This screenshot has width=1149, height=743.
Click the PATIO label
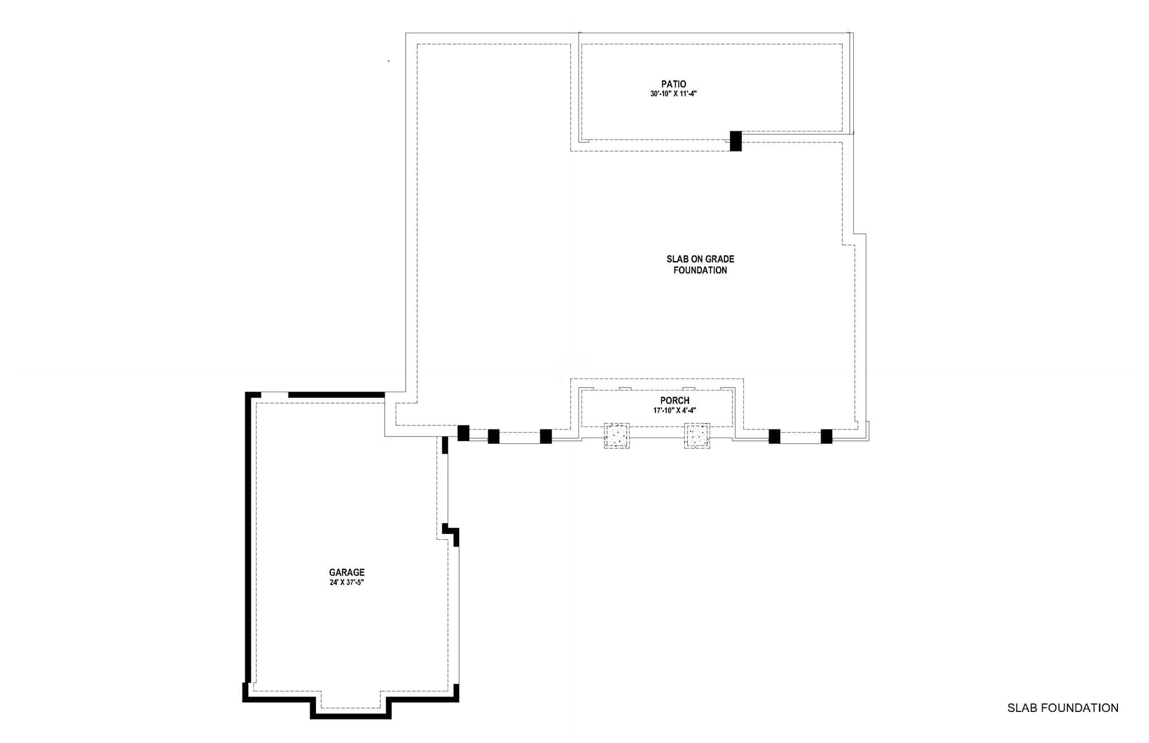[673, 84]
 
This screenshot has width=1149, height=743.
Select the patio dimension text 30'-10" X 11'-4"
[673, 94]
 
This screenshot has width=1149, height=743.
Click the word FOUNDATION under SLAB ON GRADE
[700, 270]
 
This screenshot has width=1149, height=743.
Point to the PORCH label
[674, 400]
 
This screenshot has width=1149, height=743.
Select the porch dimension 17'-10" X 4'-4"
[674, 411]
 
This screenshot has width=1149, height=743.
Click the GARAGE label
[346, 572]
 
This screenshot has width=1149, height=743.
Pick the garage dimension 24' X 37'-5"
[346, 582]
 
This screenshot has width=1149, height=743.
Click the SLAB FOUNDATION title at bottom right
[1062, 708]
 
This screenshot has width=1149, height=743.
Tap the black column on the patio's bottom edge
[735, 141]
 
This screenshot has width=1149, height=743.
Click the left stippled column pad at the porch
[616, 436]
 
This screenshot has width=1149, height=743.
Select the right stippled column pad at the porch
[697, 436]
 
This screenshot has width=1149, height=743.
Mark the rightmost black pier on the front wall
[826, 436]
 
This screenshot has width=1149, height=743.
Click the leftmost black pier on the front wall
[463, 433]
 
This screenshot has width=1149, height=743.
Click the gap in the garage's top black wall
[275, 394]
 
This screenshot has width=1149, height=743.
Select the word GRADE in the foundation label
[720, 259]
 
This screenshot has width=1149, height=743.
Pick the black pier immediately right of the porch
[774, 436]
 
